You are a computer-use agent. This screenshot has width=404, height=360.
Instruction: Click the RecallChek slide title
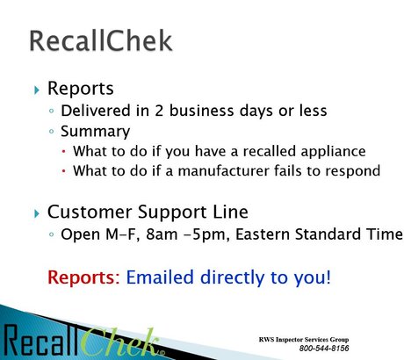101,41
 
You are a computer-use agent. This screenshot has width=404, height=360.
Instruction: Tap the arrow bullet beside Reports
37,90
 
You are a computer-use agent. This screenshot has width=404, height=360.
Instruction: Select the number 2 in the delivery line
159,111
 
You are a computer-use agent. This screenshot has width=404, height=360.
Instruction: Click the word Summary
95,132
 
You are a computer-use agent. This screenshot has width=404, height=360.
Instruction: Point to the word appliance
333,152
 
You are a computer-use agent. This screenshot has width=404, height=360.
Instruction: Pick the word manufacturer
223,171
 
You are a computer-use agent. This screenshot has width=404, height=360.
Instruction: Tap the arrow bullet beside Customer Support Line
37,213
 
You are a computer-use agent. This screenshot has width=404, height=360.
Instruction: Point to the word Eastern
263,234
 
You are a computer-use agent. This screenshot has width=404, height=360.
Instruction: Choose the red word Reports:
83,278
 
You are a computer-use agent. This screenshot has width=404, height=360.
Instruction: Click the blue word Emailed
160,277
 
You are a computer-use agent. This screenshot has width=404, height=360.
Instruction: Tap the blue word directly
233,278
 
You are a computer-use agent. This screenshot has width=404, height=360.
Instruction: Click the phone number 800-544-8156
324,348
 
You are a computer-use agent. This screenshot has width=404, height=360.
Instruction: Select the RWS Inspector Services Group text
304,340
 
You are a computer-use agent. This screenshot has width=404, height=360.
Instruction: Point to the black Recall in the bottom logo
41,341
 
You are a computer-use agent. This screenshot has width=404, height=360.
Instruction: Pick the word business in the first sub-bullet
202,111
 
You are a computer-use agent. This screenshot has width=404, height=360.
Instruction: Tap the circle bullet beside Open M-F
52,234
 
